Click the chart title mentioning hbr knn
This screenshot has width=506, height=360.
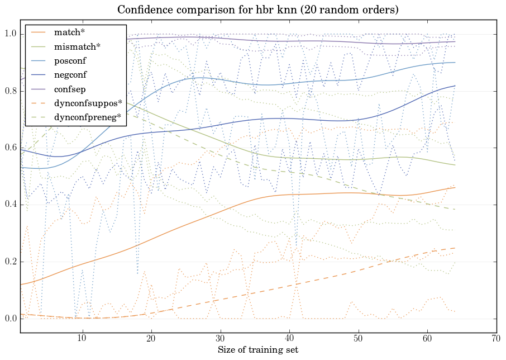(x=257, y=11)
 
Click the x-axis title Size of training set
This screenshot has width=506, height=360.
(x=257, y=350)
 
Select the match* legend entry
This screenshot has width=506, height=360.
(x=66, y=32)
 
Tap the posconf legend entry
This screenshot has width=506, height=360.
(x=70, y=60)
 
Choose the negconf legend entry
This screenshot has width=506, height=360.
(x=70, y=74)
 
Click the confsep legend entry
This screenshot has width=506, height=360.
(x=69, y=88)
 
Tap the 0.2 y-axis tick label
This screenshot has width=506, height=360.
(x=11, y=262)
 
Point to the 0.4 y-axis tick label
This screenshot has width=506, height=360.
(x=11, y=205)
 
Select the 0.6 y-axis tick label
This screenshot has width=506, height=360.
(x=11, y=148)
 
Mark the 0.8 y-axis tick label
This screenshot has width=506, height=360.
(x=11, y=91)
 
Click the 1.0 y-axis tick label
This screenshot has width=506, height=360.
(x=11, y=34)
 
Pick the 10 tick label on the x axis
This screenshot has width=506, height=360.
(x=82, y=338)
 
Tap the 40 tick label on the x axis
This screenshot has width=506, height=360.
(x=289, y=338)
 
